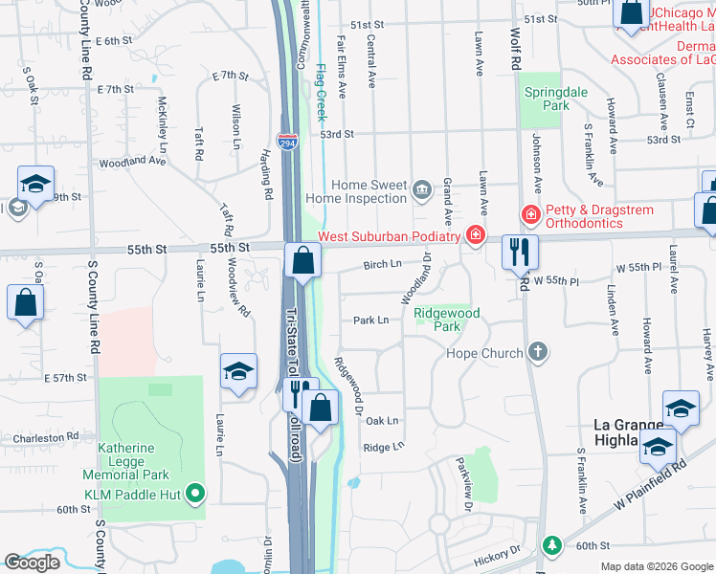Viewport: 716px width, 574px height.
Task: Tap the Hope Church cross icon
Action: coord(538,353)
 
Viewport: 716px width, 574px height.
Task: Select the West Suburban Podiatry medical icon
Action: coord(475,235)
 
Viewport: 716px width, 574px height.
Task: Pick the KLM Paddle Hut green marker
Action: coord(196,494)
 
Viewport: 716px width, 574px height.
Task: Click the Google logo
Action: coord(32,563)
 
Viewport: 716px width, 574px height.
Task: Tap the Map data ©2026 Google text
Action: coord(657,566)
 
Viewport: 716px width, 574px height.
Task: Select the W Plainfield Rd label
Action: coord(653,483)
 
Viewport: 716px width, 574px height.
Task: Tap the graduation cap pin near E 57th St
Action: coord(238,371)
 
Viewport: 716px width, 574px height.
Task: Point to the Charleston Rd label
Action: coord(46,437)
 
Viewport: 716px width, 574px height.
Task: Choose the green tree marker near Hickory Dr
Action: coord(551,545)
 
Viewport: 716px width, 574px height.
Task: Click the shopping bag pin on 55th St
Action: coord(302,260)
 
